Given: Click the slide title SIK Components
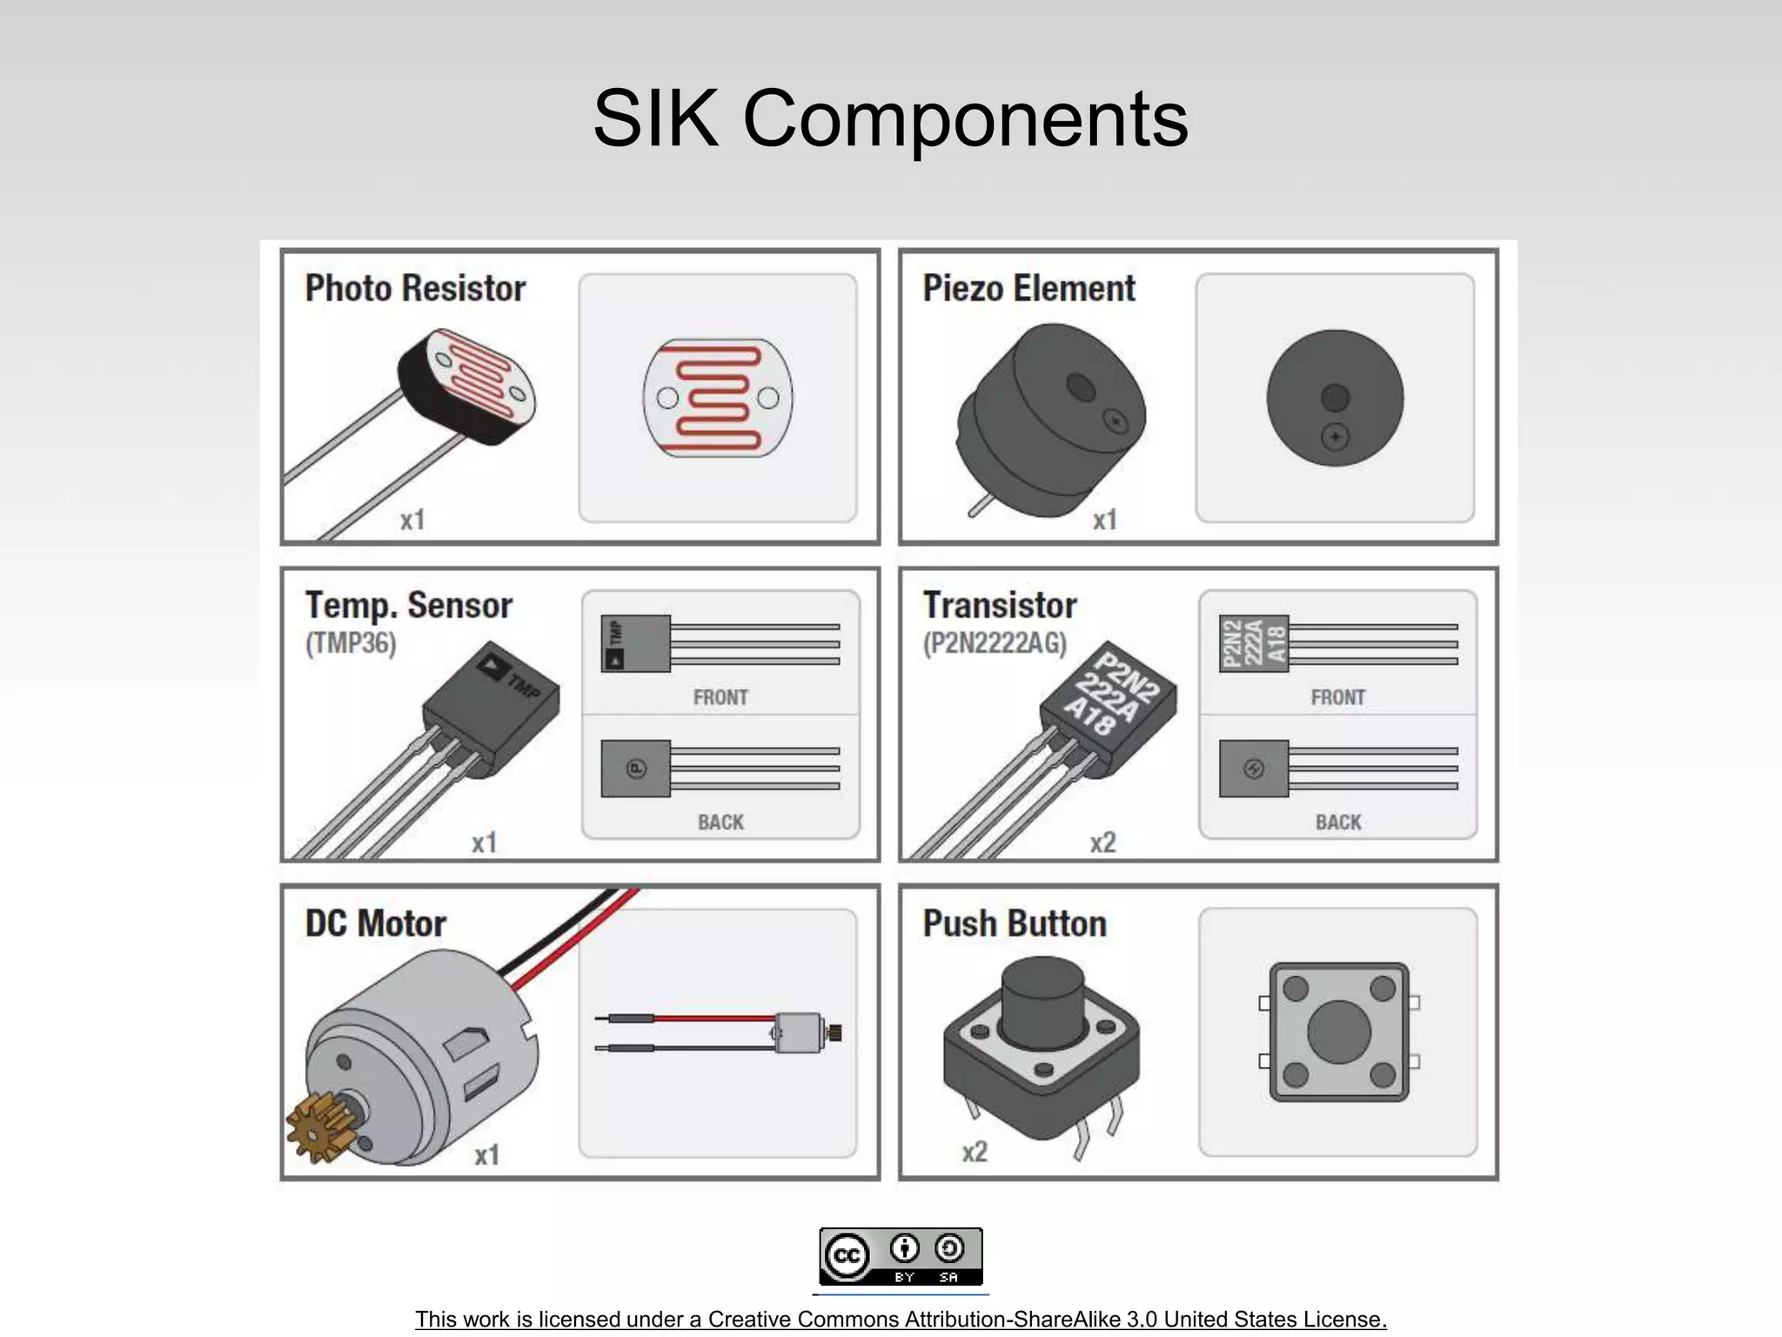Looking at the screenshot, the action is pyautogui.click(x=890, y=118).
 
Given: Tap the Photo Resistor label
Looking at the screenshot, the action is pyautogui.click(x=415, y=288).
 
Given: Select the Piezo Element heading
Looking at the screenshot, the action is pyautogui.click(x=1028, y=288).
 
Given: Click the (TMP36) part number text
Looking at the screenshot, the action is pyautogui.click(x=351, y=643).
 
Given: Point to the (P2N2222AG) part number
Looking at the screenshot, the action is pyautogui.click(x=995, y=643).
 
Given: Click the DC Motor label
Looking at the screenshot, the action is pyautogui.click(x=375, y=924).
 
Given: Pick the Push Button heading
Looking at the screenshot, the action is pyautogui.click(x=1015, y=924).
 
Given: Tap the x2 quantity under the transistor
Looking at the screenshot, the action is pyautogui.click(x=1102, y=843).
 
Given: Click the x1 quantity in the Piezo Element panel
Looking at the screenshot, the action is pyautogui.click(x=1104, y=520).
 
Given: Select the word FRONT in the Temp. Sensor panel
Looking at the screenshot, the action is pyautogui.click(x=720, y=697).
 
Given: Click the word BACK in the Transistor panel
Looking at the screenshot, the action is pyautogui.click(x=1338, y=822).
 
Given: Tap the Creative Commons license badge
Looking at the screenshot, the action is pyautogui.click(x=901, y=1257).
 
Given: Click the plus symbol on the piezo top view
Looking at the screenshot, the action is pyautogui.click(x=1335, y=436).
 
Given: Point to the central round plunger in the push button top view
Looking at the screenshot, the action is pyautogui.click(x=1338, y=1032).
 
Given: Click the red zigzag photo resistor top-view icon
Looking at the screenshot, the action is pyautogui.click(x=718, y=398).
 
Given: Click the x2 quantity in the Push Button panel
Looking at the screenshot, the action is pyautogui.click(x=975, y=1152).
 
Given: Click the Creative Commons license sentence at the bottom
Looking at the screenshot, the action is pyautogui.click(x=901, y=1319).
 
